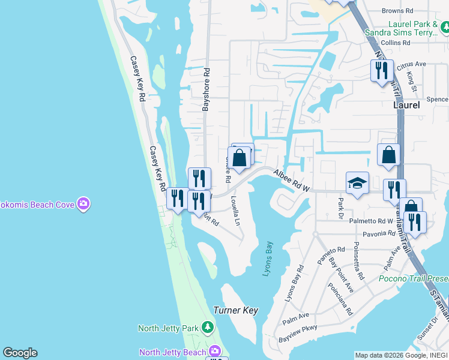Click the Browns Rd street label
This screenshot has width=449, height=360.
[398, 11]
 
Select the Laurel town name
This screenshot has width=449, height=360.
[406, 104]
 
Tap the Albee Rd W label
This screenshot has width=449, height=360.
[291, 181]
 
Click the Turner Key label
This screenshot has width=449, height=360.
[235, 310]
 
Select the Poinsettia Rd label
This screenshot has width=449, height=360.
[358, 261]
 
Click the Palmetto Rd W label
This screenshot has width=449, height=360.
[370, 221]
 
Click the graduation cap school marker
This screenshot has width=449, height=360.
[357, 183]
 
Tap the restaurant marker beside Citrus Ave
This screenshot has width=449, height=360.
[382, 71]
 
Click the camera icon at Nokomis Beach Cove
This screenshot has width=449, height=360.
[83, 205]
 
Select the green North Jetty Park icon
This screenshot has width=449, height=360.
[207, 328]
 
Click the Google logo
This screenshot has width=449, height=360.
[20, 353]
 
